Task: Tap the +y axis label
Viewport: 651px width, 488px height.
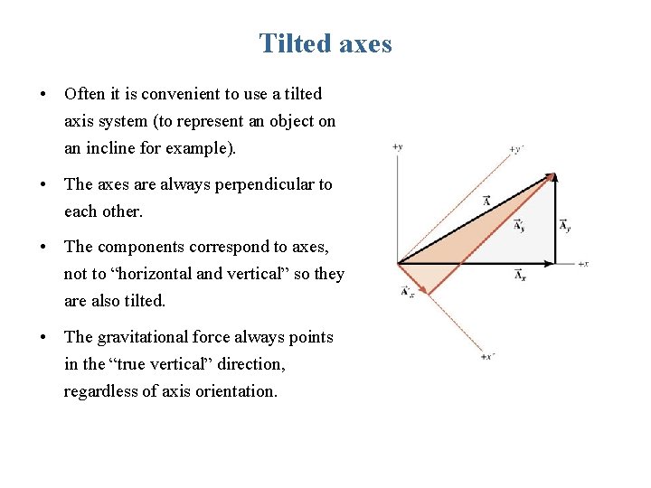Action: coord(397,145)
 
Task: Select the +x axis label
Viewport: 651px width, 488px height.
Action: coord(583,264)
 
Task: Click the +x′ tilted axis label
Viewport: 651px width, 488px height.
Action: coord(488,357)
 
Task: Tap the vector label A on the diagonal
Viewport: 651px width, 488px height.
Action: coord(486,201)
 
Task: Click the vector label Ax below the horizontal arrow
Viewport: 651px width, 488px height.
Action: coord(520,276)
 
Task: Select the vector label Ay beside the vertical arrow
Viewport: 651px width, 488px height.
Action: coord(564,226)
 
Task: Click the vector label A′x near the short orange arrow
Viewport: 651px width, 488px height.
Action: coord(407,291)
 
